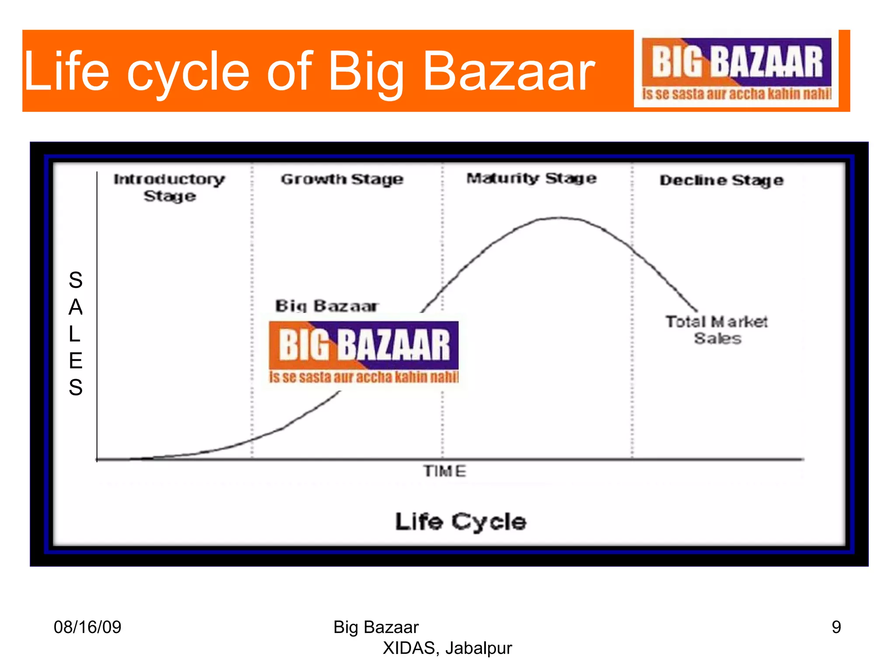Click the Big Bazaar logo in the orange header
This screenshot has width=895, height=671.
(x=736, y=69)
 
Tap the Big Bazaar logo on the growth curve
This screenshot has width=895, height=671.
(x=364, y=352)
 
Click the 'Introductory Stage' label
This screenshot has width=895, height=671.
(x=170, y=187)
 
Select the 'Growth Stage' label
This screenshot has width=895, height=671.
(x=342, y=179)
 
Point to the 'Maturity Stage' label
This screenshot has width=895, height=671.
(x=531, y=178)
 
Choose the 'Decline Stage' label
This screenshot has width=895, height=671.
(x=721, y=180)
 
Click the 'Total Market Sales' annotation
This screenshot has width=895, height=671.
(x=717, y=330)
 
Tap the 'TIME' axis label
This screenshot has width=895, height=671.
(x=444, y=471)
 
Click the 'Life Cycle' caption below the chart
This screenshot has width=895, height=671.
(x=461, y=522)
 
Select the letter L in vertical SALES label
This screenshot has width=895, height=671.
(x=75, y=334)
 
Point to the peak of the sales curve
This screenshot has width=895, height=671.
(x=559, y=218)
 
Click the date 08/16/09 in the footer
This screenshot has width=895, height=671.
(x=87, y=627)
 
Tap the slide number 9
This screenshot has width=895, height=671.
(x=836, y=627)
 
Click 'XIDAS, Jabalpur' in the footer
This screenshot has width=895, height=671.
(x=447, y=648)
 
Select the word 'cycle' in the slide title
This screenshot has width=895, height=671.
(x=188, y=72)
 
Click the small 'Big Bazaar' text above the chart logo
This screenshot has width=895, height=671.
(x=326, y=306)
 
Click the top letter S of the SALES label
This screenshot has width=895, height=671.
(x=76, y=280)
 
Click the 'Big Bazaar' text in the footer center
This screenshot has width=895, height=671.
(x=376, y=627)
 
